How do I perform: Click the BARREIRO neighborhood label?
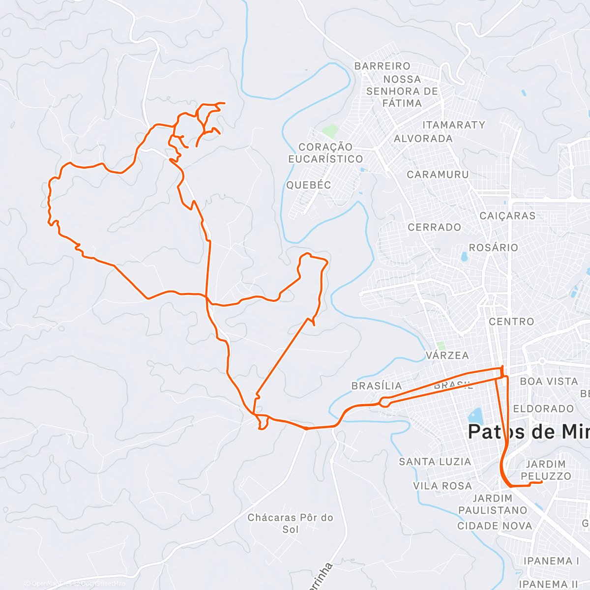[382, 66]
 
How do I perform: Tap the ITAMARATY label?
[454, 125]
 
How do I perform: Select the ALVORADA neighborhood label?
[423, 139]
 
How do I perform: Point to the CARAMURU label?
[438, 175]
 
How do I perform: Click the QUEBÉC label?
[309, 185]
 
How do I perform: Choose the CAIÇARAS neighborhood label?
[507, 216]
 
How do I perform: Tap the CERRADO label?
[435, 227]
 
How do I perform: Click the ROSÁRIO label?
[494, 247]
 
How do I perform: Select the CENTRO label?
[511, 322]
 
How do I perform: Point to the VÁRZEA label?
[447, 355]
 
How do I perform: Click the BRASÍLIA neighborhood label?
[377, 386]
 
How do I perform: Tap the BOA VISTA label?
[549, 382]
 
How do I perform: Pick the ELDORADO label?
[543, 409]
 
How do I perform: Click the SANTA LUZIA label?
[435, 462]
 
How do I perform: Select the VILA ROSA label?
[442, 486]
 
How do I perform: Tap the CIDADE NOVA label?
[495, 526]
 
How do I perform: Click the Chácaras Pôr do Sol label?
[290, 523]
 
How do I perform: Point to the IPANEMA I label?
[551, 561]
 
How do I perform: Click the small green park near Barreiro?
[330, 131]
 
